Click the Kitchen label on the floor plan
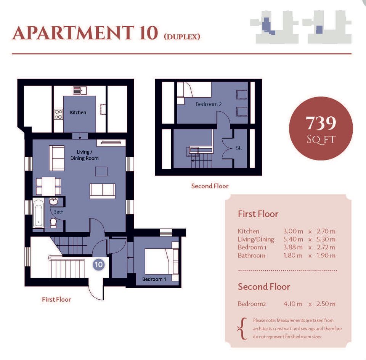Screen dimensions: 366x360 pyautogui.click(x=78, y=112)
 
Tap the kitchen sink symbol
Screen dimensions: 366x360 pyautogui.click(x=80, y=91)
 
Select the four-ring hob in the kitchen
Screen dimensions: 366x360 pyautogui.click(x=58, y=114)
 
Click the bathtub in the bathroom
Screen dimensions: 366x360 pyautogui.click(x=38, y=213)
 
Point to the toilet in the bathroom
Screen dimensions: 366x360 pyautogui.click(x=53, y=223)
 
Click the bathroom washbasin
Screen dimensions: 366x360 pyautogui.click(x=54, y=201)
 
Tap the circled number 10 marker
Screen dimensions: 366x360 pyautogui.click(x=98, y=265)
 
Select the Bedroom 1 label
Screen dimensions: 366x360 pyautogui.click(x=154, y=279)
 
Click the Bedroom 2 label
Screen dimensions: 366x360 pyautogui.click(x=209, y=104)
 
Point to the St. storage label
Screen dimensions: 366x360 pyautogui.click(x=239, y=148)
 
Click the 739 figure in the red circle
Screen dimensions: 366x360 pyautogui.click(x=321, y=123)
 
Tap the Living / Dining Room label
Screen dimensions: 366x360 pyautogui.click(x=84, y=155)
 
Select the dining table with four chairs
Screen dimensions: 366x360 pyautogui.click(x=48, y=186)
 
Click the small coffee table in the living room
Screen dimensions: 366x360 pyautogui.click(x=101, y=171)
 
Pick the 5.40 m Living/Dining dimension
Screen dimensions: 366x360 pyautogui.click(x=293, y=239)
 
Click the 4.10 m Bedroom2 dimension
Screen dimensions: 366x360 pyautogui.click(x=293, y=304)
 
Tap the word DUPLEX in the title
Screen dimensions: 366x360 pyautogui.click(x=182, y=37)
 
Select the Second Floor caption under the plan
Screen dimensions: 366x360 pyautogui.click(x=210, y=186)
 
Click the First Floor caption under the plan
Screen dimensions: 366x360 pyautogui.click(x=56, y=299)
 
